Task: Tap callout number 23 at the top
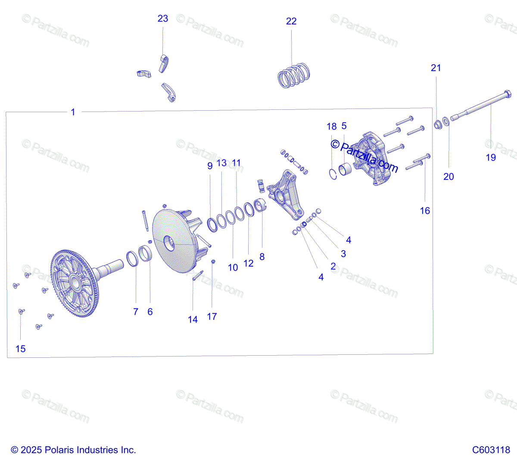tap(163, 19)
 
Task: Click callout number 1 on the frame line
tap(73, 112)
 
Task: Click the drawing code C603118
tap(491, 450)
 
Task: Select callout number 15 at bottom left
tap(21, 349)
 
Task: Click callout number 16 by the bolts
tap(425, 211)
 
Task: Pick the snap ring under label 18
tap(333, 174)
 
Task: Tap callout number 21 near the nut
tap(436, 68)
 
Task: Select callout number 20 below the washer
tap(448, 177)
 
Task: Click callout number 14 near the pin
tap(193, 319)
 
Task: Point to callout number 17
tap(212, 316)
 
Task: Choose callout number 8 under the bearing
tap(262, 257)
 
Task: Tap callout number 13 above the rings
tap(221, 163)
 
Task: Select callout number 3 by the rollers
tap(343, 254)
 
